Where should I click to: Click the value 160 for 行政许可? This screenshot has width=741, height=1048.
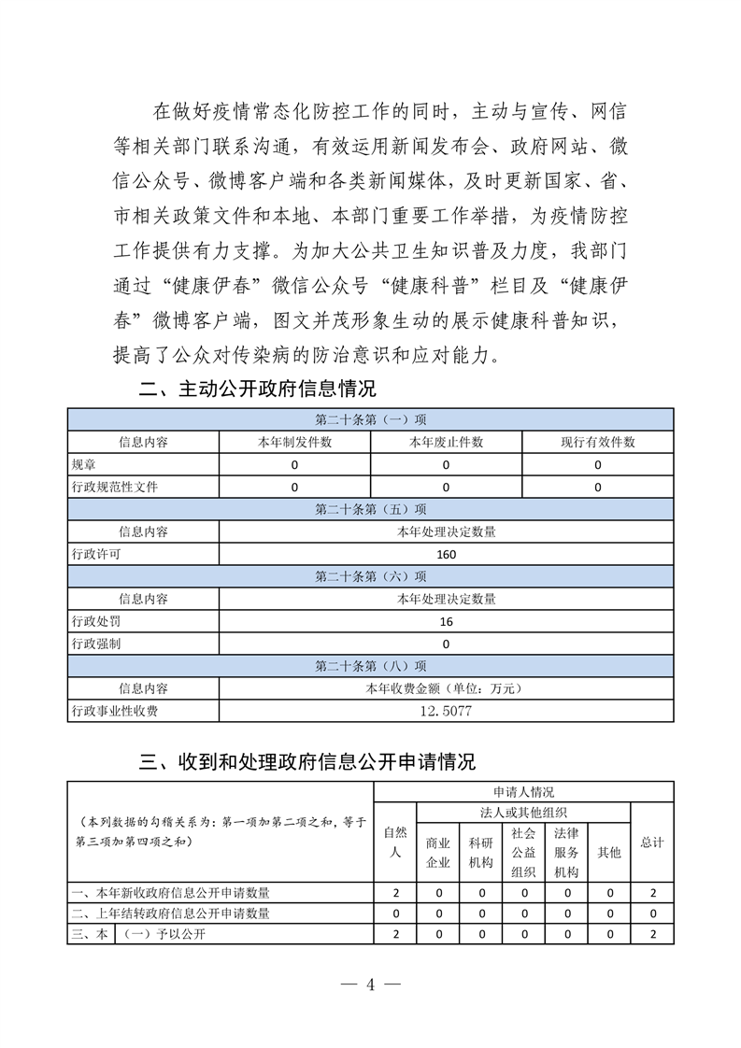coord(446,554)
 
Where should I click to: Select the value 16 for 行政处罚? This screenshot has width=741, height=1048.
coord(446,621)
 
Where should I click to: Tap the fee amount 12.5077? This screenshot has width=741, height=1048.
coord(446,711)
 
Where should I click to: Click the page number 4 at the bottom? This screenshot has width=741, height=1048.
coord(370,984)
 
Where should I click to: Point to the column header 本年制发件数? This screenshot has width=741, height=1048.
coord(294,442)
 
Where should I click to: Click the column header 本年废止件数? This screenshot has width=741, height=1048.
coord(446,442)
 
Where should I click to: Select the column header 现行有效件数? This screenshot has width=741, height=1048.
coord(597,442)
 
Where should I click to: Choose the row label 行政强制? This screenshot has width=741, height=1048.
coord(96,644)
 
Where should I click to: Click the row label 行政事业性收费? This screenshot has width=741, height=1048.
coord(115,711)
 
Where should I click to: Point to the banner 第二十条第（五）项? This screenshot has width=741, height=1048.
coord(370,509)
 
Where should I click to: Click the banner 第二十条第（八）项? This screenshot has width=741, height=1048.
coord(370,666)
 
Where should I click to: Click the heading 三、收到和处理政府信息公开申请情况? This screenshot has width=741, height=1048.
coord(307,761)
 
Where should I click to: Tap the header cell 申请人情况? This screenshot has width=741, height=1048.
coord(522,790)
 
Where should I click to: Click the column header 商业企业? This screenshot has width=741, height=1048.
coord(438,852)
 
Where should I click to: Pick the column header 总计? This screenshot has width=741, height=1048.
coord(652,842)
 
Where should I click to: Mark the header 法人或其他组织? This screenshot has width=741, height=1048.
coord(522,812)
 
